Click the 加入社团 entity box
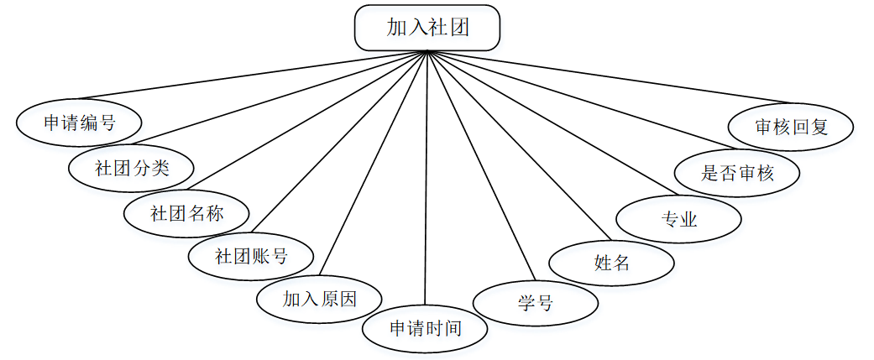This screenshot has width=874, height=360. (427, 28)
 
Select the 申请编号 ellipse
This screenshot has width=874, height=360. (79, 123)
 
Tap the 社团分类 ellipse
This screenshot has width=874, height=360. (132, 167)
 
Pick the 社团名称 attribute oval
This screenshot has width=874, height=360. (186, 212)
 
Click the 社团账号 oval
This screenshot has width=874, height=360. (251, 256)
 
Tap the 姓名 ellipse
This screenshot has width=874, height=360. (611, 263)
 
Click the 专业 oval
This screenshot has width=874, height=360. (678, 220)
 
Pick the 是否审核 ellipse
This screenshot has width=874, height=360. (737, 173)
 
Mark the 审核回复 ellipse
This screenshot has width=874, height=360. (791, 127)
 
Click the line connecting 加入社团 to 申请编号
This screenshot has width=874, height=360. (252, 76)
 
